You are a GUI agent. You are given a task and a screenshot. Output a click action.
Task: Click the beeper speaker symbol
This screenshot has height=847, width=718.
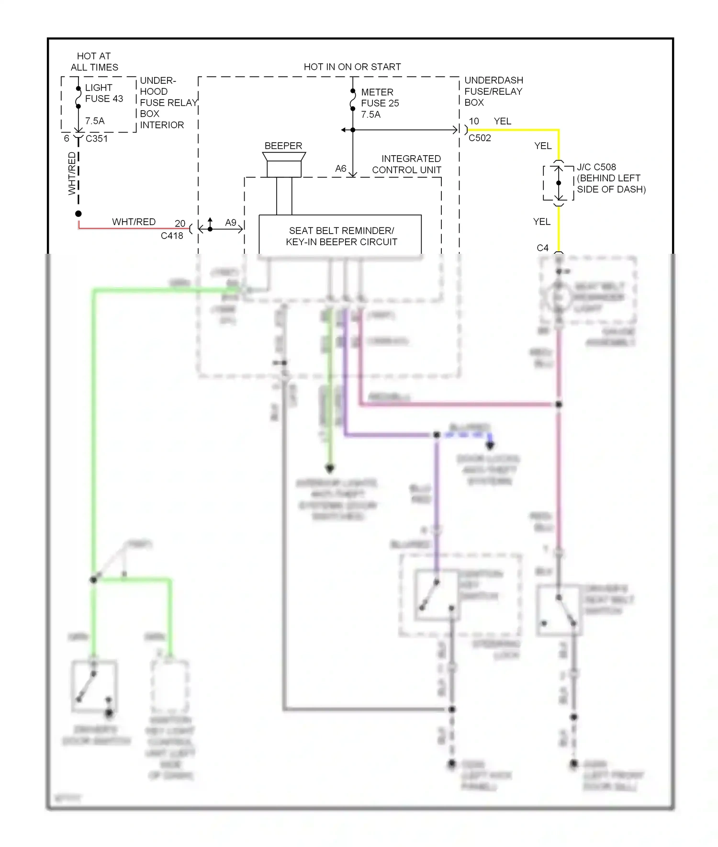pos(284,164)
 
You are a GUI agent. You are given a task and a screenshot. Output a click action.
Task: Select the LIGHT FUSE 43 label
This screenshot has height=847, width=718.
pos(104,93)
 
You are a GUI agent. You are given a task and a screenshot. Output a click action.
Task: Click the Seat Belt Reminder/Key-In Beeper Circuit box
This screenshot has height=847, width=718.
pos(340,236)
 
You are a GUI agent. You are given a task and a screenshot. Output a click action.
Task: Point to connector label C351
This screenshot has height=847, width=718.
pos(96,138)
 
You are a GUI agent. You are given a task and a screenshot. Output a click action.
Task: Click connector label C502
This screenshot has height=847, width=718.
pos(479,138)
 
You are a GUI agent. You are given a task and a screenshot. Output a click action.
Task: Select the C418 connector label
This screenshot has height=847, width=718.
pos(171,236)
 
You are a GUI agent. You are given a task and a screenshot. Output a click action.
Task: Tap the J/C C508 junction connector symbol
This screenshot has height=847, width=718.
pos(558,183)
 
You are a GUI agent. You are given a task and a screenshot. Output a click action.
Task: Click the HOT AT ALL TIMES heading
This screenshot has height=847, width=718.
pos(94,62)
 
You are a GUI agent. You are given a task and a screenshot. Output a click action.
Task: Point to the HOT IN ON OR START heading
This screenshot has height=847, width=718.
pos(352,67)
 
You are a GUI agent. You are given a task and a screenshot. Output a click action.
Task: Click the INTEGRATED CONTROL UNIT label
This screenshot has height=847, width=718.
pos(406,164)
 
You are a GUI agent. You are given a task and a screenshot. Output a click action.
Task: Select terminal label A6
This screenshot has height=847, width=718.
pos(340,169)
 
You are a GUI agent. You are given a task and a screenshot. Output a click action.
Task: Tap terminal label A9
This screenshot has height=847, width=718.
pos(231,223)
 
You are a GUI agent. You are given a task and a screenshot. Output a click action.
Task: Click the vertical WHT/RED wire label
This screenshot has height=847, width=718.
pos(72,173)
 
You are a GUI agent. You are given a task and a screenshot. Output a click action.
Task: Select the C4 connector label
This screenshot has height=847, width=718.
pos(542,248)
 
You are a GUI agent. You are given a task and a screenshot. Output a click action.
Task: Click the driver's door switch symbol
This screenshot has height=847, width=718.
pos(94,686)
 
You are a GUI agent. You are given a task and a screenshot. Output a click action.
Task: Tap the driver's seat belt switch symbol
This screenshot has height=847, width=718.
pos(559,610)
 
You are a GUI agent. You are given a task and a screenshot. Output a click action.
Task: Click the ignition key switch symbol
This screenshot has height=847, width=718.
pos(436,595)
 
